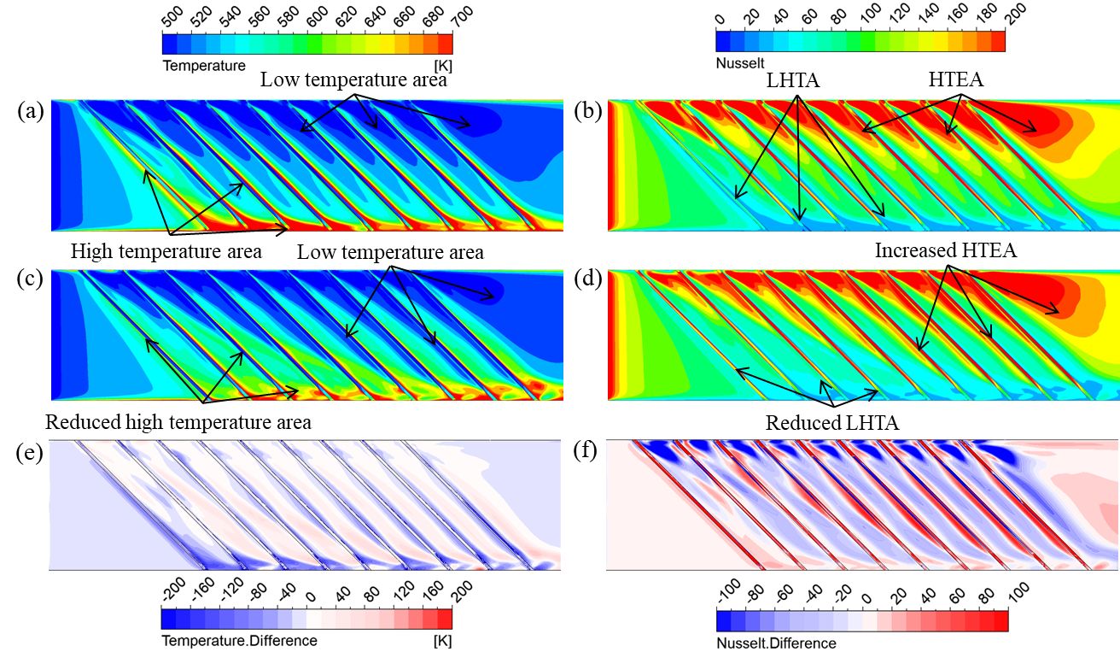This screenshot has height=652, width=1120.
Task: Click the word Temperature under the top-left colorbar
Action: coord(203,66)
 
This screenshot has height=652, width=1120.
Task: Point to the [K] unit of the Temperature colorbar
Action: coord(442,66)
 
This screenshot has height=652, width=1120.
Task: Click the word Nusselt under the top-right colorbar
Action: coord(738,63)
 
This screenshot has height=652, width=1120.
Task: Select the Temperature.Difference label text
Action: coord(239,641)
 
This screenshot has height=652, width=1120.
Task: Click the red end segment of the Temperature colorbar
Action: coord(445,44)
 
